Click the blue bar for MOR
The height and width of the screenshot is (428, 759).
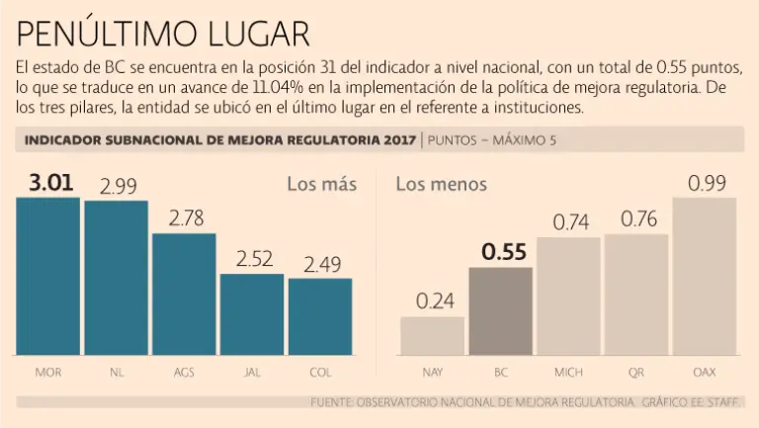tap(47, 276)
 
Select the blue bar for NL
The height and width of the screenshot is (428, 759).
tap(116, 278)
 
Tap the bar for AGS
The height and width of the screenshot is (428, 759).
tap(184, 295)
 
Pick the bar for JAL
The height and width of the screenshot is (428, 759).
tap(252, 314)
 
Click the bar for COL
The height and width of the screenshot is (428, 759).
tap(320, 316)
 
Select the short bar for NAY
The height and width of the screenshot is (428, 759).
tap(432, 336)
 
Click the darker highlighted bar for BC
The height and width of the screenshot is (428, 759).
tap(500, 311)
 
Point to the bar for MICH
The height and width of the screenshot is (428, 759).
tap(568, 297)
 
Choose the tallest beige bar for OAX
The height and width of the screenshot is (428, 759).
tap(705, 277)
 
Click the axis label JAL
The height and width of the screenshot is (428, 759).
tap(252, 373)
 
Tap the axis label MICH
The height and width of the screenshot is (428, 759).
tap(568, 373)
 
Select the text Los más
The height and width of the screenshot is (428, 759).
tap(321, 184)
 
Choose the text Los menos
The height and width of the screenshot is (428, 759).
tap(441, 184)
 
